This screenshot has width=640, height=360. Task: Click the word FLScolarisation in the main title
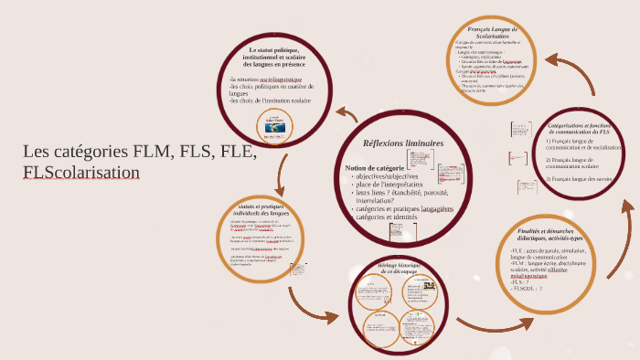(81, 172)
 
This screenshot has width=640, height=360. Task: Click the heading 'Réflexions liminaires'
(402, 143)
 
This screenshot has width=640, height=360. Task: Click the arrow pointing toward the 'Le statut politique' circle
(346, 113)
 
